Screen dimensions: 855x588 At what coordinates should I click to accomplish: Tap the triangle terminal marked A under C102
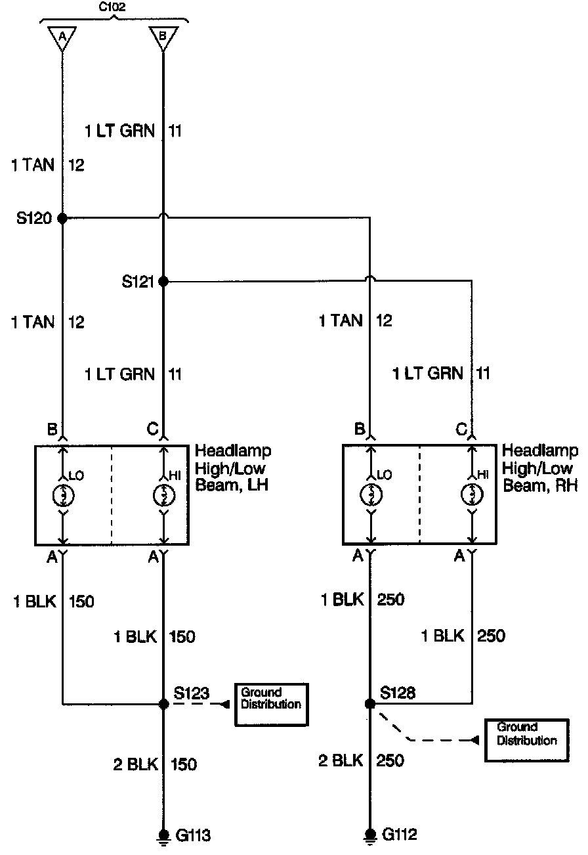pyautogui.click(x=63, y=38)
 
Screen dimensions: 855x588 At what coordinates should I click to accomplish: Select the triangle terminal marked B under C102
pyautogui.click(x=163, y=38)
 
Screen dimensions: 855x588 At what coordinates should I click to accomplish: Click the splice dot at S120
pyautogui.click(x=63, y=218)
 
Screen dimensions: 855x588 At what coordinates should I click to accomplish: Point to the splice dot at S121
pyautogui.click(x=163, y=281)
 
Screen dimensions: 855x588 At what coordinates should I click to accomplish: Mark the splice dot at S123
pyautogui.click(x=163, y=704)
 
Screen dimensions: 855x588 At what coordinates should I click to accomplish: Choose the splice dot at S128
pyautogui.click(x=370, y=704)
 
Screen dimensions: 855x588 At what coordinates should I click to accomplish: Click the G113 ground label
pyautogui.click(x=193, y=836)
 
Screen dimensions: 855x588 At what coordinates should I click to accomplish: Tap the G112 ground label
pyautogui.click(x=399, y=835)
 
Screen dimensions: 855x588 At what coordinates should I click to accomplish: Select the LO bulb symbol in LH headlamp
pyautogui.click(x=63, y=494)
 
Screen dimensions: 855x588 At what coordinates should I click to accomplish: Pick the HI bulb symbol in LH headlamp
pyautogui.click(x=163, y=494)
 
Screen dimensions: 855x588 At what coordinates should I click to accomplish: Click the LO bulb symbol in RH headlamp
pyautogui.click(x=371, y=494)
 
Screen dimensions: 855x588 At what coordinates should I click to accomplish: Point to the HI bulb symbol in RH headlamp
pyautogui.click(x=471, y=494)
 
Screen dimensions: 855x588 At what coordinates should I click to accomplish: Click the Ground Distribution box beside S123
pyautogui.click(x=271, y=704)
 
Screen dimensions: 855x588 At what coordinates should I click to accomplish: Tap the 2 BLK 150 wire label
pyautogui.click(x=154, y=764)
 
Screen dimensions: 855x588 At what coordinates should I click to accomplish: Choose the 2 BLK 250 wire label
pyautogui.click(x=361, y=760)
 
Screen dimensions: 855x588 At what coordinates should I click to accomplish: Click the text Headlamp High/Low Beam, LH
pyautogui.click(x=233, y=468)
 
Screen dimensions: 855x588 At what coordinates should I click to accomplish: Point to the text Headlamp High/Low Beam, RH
pyautogui.click(x=539, y=468)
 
